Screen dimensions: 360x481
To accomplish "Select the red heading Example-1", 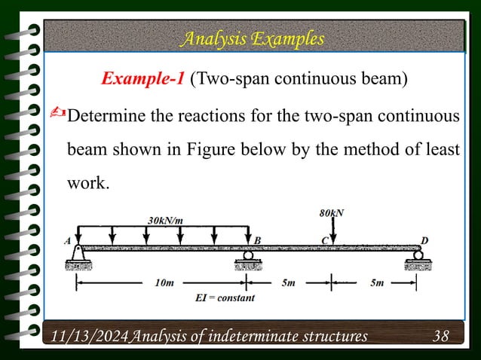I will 142,80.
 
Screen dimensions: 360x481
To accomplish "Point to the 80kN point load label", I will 332,212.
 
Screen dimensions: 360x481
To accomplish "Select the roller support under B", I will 247,260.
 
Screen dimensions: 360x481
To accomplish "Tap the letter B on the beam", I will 257,240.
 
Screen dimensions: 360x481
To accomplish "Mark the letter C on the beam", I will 326,240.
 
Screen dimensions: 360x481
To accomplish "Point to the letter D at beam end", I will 425,240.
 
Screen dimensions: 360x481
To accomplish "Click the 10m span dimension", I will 163,283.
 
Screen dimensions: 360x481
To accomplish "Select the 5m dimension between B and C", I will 290,283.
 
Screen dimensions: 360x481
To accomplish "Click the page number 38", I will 441,334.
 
